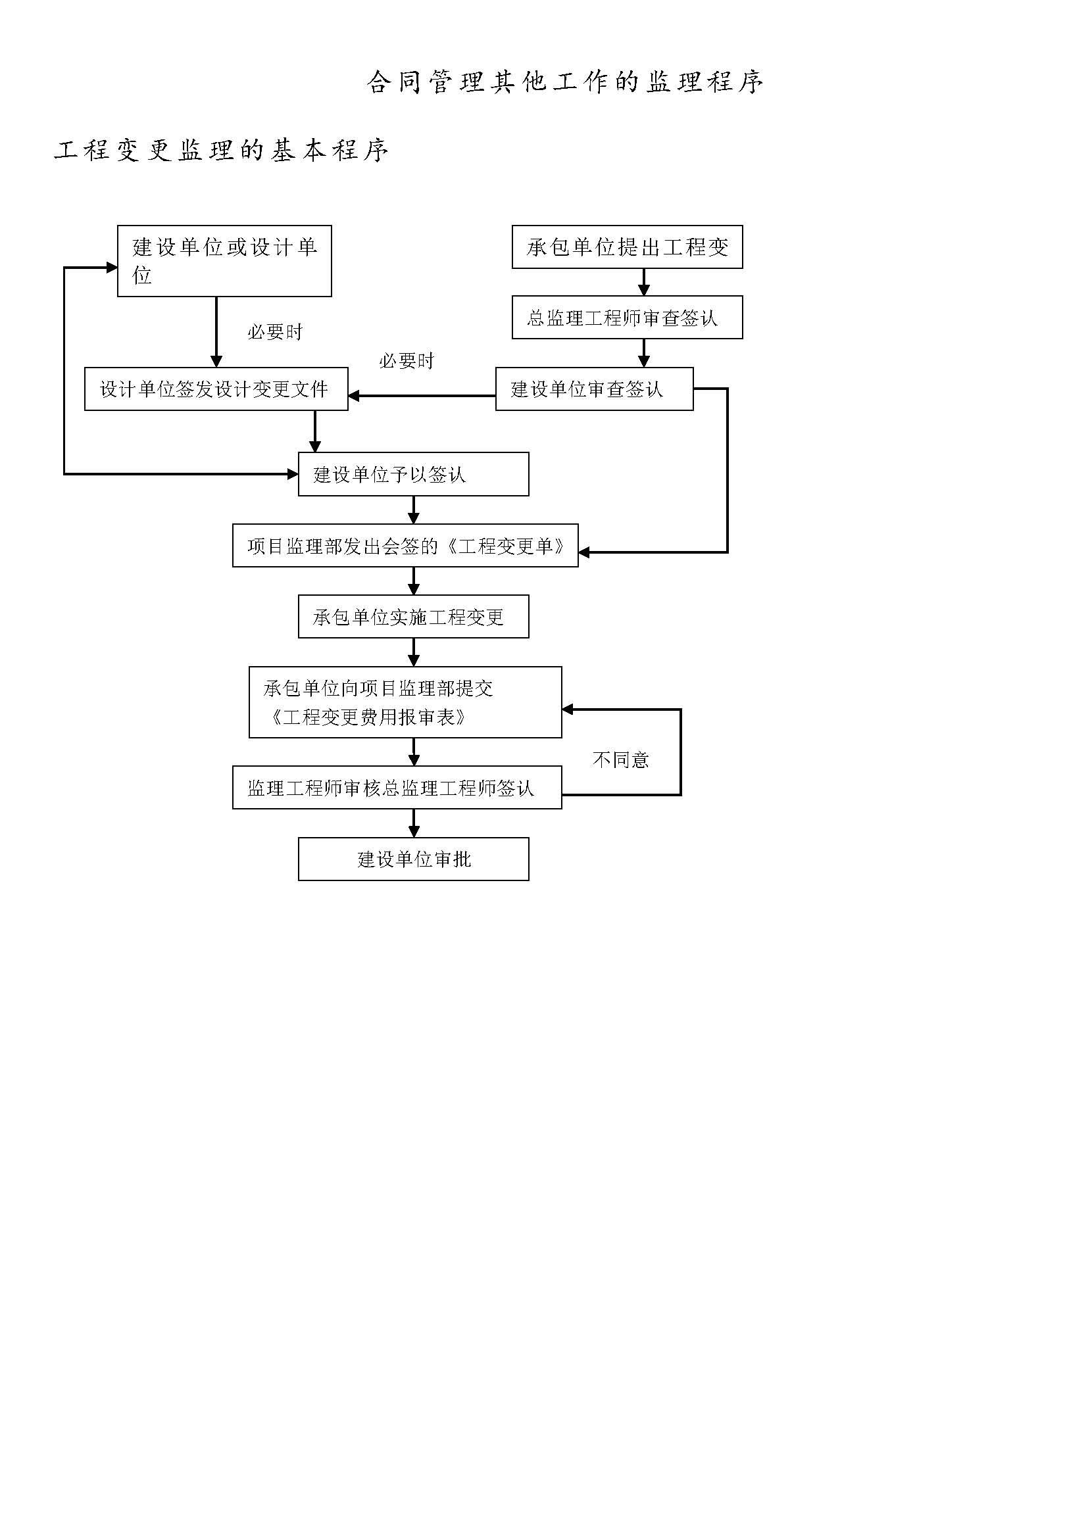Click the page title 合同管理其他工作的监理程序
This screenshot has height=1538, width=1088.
point(565,82)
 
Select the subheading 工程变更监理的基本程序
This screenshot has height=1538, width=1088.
point(221,150)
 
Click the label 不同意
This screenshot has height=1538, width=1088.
point(620,759)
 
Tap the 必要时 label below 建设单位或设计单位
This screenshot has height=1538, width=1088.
point(275,331)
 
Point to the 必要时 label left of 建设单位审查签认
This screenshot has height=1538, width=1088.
point(407,361)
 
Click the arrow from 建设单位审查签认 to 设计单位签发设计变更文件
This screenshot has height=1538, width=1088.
point(422,396)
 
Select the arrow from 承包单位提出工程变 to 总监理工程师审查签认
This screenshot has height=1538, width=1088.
point(644,282)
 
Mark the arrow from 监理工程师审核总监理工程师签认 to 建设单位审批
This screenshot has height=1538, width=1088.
point(413,823)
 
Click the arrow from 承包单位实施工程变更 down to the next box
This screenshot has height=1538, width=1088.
point(413,652)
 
